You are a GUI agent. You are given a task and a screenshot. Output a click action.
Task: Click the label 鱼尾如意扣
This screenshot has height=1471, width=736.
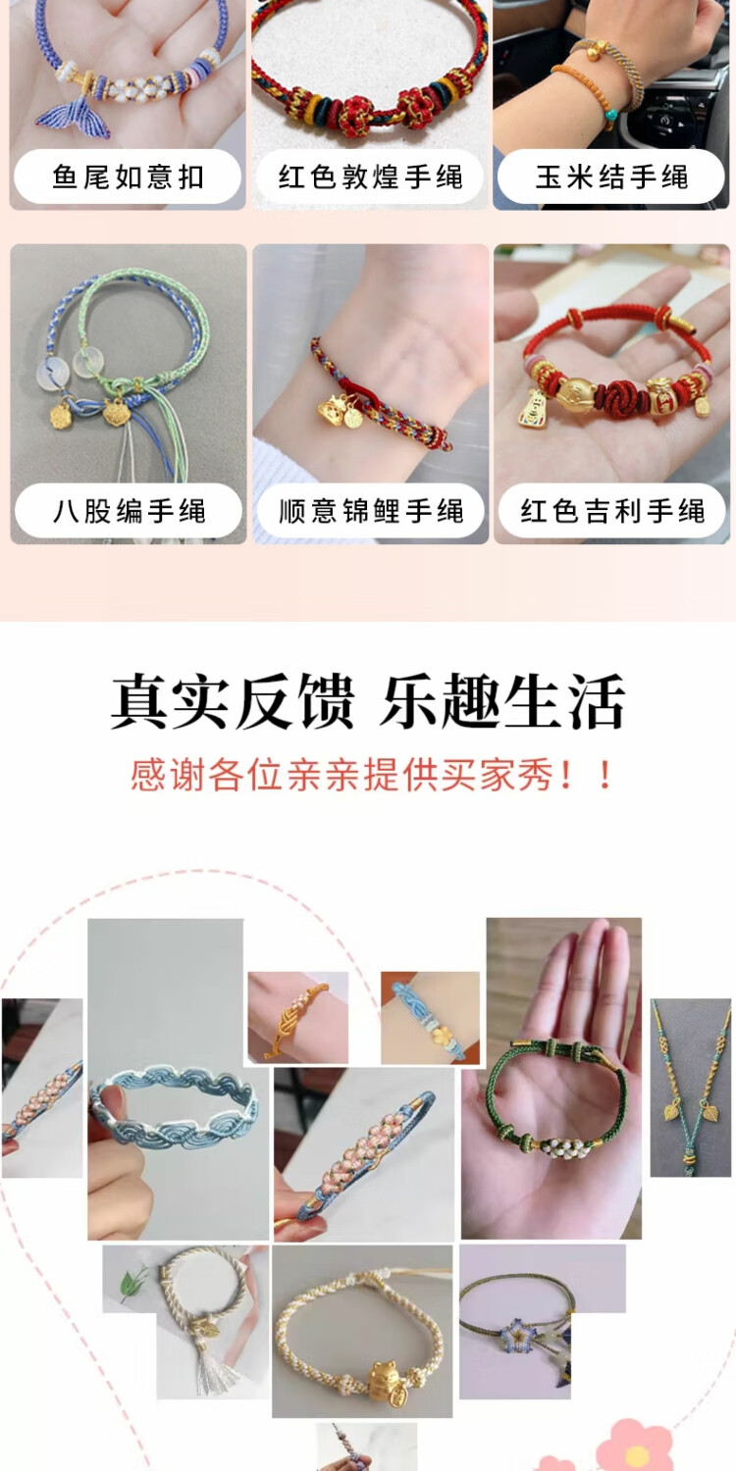pos(128,178)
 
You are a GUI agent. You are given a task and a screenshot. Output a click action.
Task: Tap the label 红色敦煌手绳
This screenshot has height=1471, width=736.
pos(371,178)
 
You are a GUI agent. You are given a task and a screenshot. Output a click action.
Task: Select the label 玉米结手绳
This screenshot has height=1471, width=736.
pos(611,178)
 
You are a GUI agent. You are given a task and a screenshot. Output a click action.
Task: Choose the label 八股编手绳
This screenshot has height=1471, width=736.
pos(129,511)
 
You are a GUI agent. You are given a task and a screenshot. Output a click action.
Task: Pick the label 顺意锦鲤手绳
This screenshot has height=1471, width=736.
pos(371,511)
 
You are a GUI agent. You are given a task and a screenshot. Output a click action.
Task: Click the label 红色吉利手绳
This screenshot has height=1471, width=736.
pos(612,511)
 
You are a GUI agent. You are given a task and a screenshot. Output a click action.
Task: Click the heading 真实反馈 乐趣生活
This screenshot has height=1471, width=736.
pos(368,701)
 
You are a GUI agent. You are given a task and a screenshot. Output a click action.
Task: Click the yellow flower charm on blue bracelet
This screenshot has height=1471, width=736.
pos(442,1036)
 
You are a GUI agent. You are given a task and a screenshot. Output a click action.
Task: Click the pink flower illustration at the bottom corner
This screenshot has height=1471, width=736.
pos(634,1444)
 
